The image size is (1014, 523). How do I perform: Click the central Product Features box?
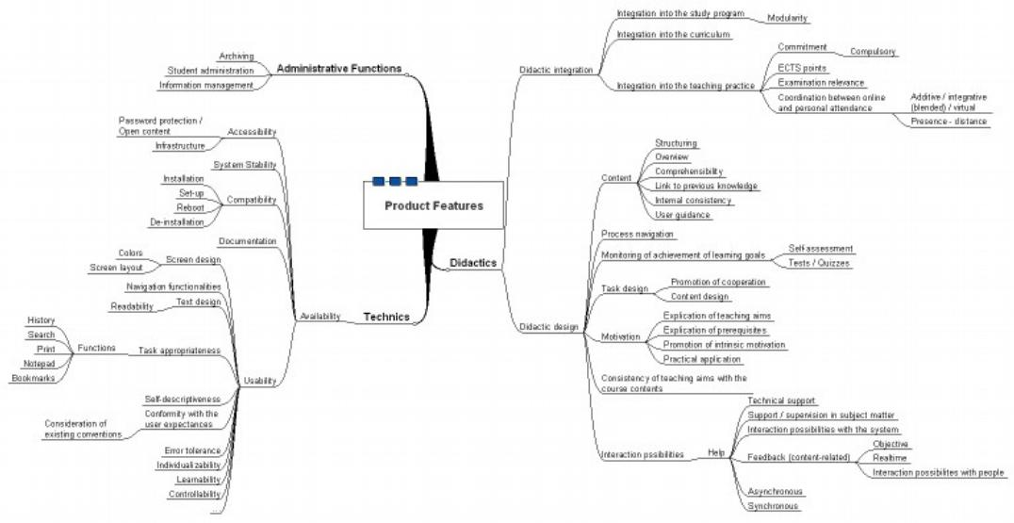433,205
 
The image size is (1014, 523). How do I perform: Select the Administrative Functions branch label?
338,69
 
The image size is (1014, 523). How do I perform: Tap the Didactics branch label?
472,263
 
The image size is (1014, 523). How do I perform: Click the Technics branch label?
386,318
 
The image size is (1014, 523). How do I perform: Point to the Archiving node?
236,57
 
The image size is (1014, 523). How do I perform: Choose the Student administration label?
210,71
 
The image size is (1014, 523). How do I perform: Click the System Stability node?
245,165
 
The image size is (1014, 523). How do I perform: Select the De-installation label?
176,222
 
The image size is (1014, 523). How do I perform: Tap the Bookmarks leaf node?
33,378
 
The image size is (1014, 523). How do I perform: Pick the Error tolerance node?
192,450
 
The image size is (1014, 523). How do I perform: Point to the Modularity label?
788,18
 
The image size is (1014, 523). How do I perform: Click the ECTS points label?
802,68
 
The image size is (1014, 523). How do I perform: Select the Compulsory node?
873,52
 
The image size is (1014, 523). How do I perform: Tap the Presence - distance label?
949,121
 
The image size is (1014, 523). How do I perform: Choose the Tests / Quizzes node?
819,263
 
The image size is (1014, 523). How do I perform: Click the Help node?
716,453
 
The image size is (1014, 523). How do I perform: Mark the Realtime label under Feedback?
890,457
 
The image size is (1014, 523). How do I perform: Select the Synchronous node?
773,506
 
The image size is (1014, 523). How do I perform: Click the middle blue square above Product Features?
395,180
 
